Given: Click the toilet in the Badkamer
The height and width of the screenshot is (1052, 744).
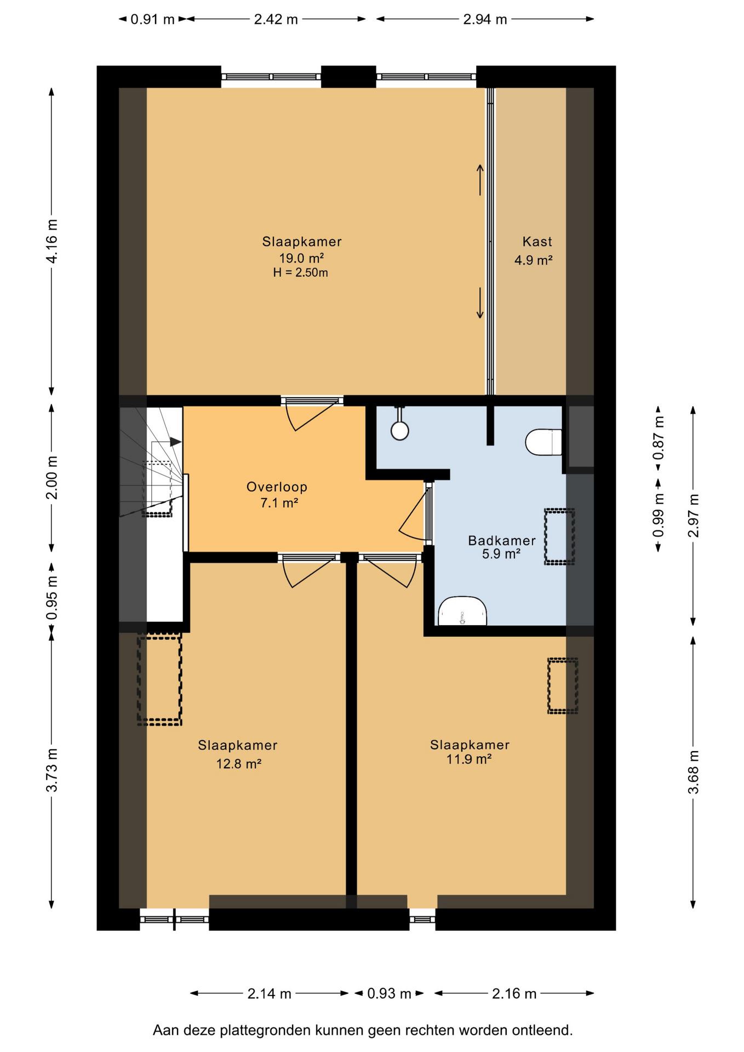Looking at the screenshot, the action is [543, 442].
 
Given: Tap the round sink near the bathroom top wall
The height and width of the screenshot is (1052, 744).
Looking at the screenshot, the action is [400, 430].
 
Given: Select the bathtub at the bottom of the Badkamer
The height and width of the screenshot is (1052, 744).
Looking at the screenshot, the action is [462, 611].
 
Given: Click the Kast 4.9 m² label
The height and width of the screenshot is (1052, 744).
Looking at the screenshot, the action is [534, 251].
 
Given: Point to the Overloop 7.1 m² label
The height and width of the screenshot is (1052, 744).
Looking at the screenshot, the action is [277, 495].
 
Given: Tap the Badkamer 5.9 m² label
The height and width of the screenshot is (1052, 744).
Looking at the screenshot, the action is [501, 547].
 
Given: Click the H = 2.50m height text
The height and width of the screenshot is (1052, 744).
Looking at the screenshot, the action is [301, 273].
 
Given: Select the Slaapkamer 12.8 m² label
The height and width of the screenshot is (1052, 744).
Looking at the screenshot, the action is [238, 754].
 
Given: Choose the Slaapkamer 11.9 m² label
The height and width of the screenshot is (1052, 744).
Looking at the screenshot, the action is [470, 752].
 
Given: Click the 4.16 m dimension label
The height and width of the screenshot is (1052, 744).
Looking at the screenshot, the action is [52, 241].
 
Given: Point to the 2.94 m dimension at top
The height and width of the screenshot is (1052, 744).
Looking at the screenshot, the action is [485, 20].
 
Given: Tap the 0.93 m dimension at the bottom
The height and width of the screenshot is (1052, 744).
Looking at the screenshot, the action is [389, 993].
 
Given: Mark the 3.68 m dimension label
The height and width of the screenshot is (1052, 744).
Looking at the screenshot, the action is [694, 771].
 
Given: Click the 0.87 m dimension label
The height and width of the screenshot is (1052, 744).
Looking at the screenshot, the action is [659, 438].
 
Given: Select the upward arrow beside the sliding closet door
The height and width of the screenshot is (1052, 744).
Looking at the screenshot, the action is [480, 180].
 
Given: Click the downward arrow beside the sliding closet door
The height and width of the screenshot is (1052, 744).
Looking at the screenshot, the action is [480, 303].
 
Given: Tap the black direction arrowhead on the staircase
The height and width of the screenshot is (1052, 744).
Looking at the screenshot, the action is [175, 442].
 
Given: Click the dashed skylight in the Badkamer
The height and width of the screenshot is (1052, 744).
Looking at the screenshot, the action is [559, 536].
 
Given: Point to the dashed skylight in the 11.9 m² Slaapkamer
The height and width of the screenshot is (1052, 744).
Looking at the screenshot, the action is [563, 686].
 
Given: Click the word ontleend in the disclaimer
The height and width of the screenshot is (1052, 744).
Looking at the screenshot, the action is [542, 1031].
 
